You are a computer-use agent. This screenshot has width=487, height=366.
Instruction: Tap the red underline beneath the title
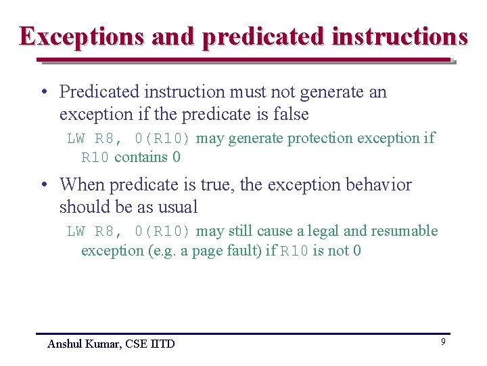click(243, 61)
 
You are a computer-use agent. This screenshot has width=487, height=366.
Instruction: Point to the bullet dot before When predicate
click(43, 186)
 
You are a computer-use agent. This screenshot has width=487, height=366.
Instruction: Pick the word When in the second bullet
click(82, 184)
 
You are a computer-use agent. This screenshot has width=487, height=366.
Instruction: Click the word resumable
click(404, 231)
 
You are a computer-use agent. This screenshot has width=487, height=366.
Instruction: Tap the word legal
click(322, 231)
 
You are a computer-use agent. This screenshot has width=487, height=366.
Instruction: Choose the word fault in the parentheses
click(243, 251)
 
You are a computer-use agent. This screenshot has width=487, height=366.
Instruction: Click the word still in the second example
click(241, 231)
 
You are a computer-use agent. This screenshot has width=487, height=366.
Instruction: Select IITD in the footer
click(162, 344)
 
